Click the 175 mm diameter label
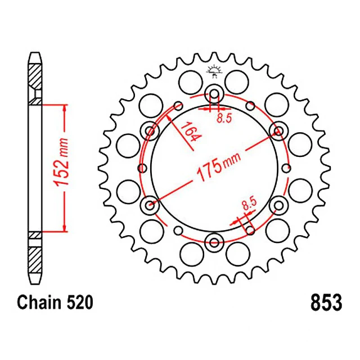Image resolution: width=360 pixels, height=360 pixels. pos(219,166)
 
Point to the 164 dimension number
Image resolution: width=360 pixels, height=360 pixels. pos(191,131)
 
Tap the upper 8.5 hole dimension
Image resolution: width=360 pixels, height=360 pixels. pos(224,118)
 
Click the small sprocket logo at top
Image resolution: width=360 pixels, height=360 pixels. pos(214,71)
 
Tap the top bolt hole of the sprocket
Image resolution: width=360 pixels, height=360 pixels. pos(214,94)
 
